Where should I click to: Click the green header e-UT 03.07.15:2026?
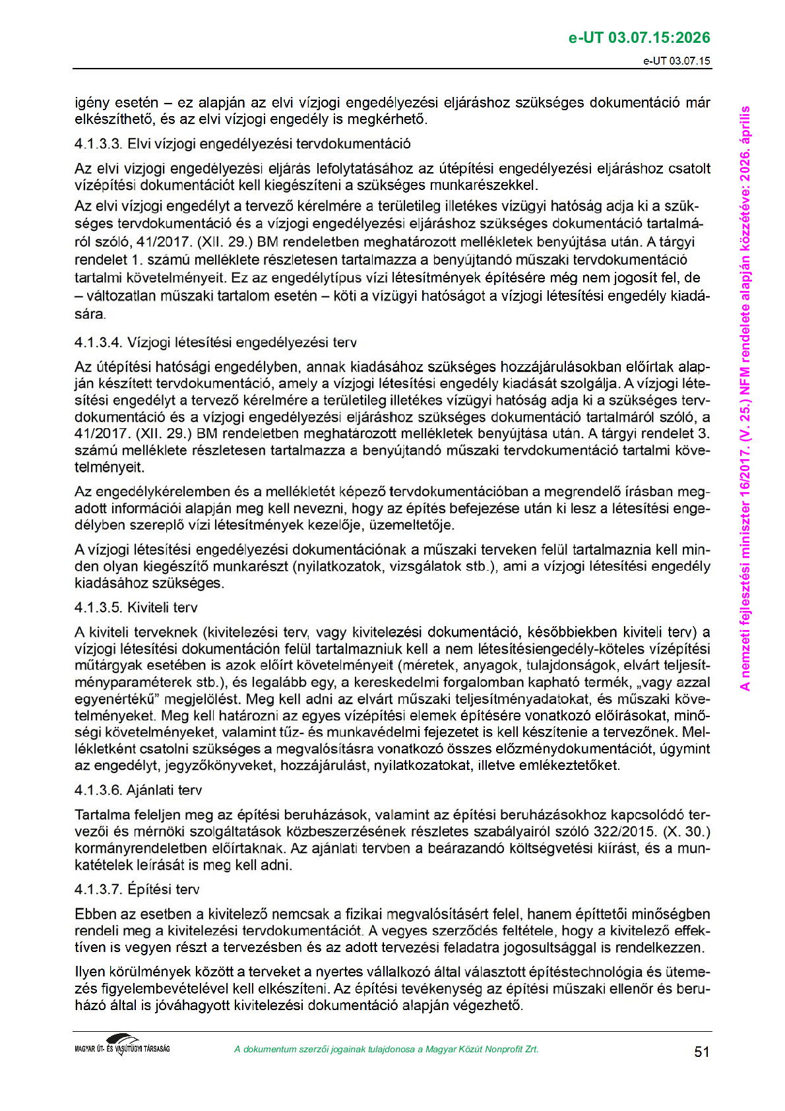pos(639,38)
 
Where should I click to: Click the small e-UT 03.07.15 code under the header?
pos(677,61)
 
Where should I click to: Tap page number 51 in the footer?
pos(702,1052)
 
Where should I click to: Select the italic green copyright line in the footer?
pos(386,1049)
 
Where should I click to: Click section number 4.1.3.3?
pos(98,144)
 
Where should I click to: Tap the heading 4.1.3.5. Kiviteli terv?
pos(136,608)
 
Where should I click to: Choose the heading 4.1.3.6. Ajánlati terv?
pos(139,790)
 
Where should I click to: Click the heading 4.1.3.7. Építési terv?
pos(137,889)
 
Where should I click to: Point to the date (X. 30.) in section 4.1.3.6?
pos(690,831)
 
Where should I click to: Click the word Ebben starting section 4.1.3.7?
pos(96,914)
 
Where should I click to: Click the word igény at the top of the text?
pos(92,103)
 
